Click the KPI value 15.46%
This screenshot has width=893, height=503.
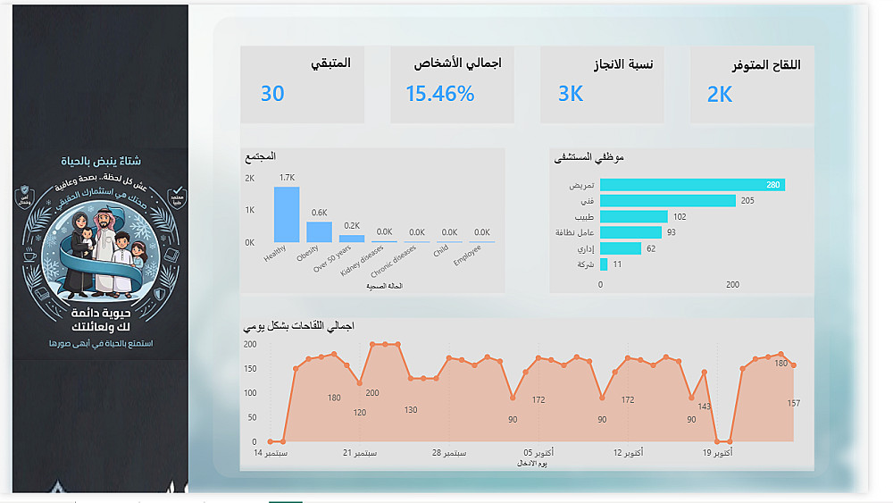(439, 94)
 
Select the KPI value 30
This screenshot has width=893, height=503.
(272, 94)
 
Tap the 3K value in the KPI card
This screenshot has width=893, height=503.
(571, 94)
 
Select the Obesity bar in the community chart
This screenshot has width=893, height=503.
(319, 231)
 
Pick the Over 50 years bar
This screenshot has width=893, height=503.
(352, 239)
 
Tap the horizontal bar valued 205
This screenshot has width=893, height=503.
(667, 201)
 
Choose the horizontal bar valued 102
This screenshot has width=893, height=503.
(633, 216)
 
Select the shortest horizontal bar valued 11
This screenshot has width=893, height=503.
(604, 264)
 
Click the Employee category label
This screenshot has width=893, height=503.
(466, 255)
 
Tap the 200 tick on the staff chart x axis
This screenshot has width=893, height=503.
(732, 285)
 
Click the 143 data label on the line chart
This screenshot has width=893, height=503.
(704, 407)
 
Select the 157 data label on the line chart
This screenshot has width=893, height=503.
(793, 404)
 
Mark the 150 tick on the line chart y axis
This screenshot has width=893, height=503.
(250, 368)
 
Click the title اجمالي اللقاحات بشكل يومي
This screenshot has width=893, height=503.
(299, 326)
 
